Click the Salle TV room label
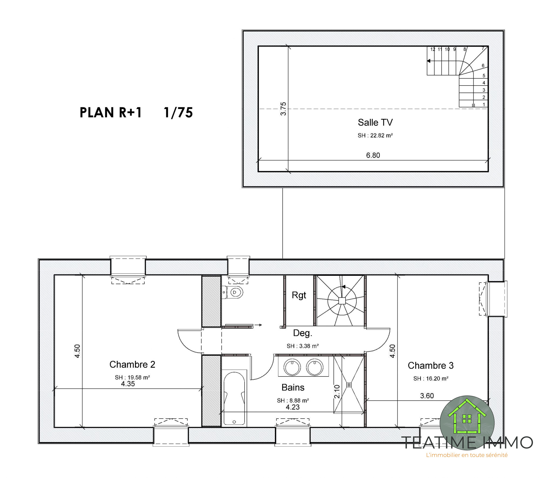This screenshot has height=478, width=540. [x=375, y=123]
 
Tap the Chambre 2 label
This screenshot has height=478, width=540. [x=132, y=364]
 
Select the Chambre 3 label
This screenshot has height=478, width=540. [x=431, y=365]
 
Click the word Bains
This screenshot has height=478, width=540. [x=293, y=388]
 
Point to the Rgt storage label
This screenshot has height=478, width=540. [x=299, y=296]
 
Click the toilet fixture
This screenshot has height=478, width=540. [x=233, y=292]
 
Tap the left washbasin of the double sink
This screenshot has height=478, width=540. [x=292, y=367]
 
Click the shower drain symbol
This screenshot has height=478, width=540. [x=349, y=385]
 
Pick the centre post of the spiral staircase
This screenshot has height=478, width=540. [x=342, y=301]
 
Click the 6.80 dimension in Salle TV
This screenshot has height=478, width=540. [x=373, y=155]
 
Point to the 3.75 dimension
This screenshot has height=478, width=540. [x=283, y=109]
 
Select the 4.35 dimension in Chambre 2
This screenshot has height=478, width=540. [x=128, y=384]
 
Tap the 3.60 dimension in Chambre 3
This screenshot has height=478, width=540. [x=427, y=396]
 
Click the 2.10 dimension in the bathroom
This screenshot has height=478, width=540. [x=337, y=391]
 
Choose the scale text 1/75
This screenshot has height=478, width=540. [x=178, y=113]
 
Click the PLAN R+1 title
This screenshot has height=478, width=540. [x=111, y=113]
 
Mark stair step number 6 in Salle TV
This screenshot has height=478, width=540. [x=483, y=66]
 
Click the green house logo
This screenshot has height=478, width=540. [x=467, y=423]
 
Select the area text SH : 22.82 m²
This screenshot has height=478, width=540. [x=375, y=135]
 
